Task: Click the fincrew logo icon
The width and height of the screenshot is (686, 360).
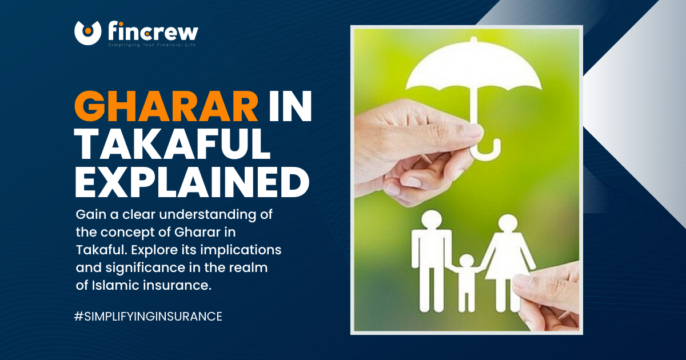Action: pos(87,33)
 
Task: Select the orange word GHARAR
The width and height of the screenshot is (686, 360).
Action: pos(166,107)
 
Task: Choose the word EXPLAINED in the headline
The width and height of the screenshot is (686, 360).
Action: pos(192,183)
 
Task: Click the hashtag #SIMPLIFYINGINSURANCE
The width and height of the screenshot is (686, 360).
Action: pos(148,316)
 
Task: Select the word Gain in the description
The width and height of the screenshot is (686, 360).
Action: pos(89,215)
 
